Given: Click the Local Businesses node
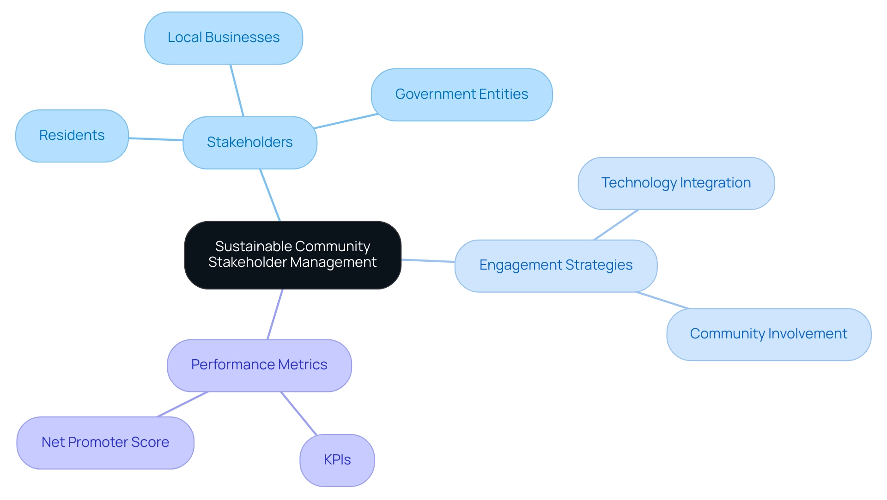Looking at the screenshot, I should pyautogui.click(x=224, y=38).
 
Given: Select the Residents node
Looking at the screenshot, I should pyautogui.click(x=72, y=136).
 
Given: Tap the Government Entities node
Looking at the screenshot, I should pyautogui.click(x=462, y=95).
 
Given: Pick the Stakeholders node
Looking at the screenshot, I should pyautogui.click(x=249, y=143).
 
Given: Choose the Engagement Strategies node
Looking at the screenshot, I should pyautogui.click(x=556, y=265).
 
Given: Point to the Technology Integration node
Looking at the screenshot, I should pyautogui.click(x=676, y=183).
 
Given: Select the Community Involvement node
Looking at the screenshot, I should pyautogui.click(x=768, y=334).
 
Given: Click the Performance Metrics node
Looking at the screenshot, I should pyautogui.click(x=259, y=365).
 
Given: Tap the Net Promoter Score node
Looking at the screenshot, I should pyautogui.click(x=105, y=443).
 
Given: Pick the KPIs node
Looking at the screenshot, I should pyautogui.click(x=337, y=460).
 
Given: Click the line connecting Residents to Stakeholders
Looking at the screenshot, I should pyautogui.click(x=156, y=139).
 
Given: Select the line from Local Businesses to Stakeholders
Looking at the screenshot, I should pyautogui.click(x=237, y=90).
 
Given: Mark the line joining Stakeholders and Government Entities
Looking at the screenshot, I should pyautogui.click(x=346, y=121).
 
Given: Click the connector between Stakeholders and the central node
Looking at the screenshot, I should pyautogui.click(x=270, y=195).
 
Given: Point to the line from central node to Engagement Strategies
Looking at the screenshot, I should pyautogui.click(x=428, y=261).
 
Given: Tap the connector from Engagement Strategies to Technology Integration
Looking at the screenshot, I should pyautogui.click(x=616, y=225).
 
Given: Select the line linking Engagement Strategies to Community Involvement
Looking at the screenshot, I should pyautogui.click(x=662, y=300).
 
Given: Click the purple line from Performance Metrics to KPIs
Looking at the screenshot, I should pyautogui.click(x=299, y=413).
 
